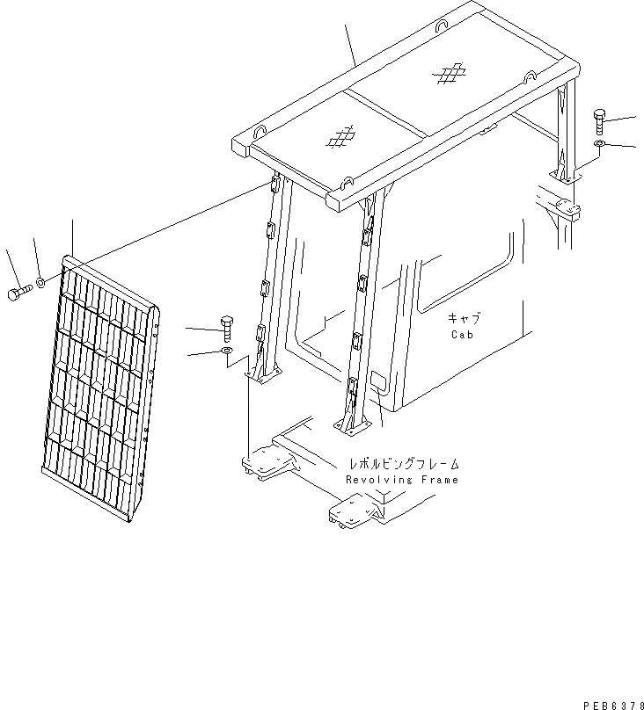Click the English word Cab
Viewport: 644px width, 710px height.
point(464,334)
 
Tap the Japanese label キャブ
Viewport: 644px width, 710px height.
point(465,319)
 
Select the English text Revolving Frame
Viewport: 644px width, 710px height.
point(402,480)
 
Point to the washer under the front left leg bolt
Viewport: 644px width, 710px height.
point(225,352)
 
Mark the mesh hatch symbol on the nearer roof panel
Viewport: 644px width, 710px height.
point(341,136)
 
